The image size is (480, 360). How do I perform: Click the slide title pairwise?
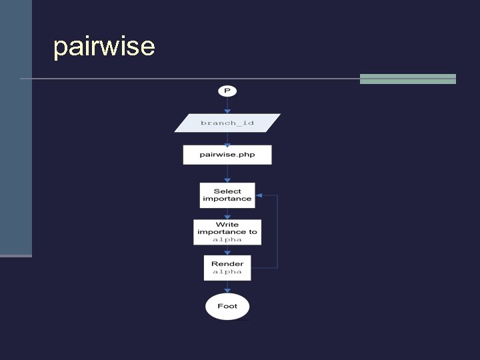pos(104,47)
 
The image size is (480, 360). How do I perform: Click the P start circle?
pos(227,91)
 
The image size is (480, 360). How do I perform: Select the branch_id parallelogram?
pos(227,123)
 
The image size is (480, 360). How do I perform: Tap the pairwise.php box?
pos(227,155)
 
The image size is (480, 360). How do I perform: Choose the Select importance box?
pos(227,195)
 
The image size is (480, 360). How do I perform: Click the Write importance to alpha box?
pos(227,232)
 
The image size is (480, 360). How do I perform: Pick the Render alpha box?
pos(227,268)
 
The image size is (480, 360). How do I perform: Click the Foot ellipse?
pos(227,307)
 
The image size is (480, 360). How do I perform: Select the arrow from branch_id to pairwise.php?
pos(227,139)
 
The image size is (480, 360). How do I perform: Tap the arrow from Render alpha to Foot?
pos(227,287)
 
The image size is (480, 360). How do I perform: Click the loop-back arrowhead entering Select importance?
pos(259,195)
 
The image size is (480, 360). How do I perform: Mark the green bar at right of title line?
pos(407,79)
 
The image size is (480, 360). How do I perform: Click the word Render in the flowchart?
pos(227,264)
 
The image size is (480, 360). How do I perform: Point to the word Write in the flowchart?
pos(227,225)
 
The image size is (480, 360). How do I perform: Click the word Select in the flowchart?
pos(227,191)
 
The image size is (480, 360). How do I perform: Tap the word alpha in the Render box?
pos(227,272)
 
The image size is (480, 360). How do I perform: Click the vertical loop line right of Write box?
pos(277,232)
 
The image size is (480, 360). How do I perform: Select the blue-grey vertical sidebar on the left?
pos(15,127)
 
